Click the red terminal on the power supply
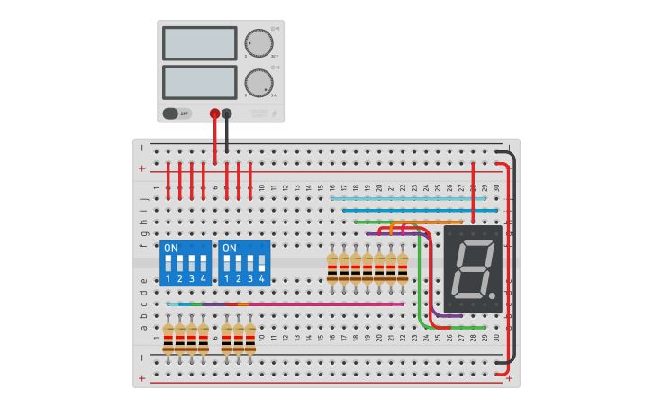click(214, 113)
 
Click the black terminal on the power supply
click(226, 113)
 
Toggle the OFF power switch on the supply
click(177, 113)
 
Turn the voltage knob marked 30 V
click(258, 43)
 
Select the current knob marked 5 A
click(258, 83)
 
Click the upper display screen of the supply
click(199, 43)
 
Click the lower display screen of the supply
click(199, 82)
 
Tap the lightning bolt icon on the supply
click(274, 113)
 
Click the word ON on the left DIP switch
click(171, 248)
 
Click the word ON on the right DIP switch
click(230, 248)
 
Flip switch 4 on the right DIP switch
click(262, 264)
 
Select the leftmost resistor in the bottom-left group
click(168, 338)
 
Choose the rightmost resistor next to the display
click(403, 267)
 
